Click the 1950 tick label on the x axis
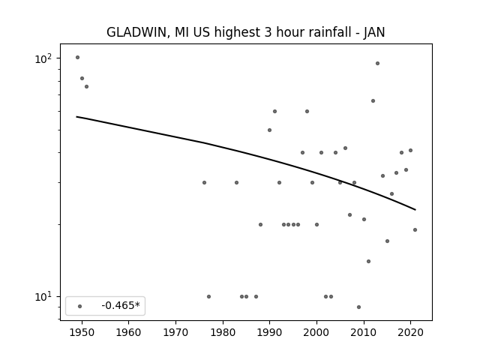pos(82,332)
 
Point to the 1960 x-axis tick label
pos(128,332)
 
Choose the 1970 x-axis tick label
pos(176,332)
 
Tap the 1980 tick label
pos(223,332)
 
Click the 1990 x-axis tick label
pos(270,332)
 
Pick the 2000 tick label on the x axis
pos(316,332)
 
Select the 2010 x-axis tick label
pos(364,332)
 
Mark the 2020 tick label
pos(411,332)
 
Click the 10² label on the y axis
pos(43,58)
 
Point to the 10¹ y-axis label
pos(43,297)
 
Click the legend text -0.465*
pos(121,305)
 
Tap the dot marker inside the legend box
pos(80,306)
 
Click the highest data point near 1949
pos(77,57)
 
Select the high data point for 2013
pos(377,63)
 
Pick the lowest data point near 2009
pos(358,307)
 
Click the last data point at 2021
pos(415,230)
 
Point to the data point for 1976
pos(204,183)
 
